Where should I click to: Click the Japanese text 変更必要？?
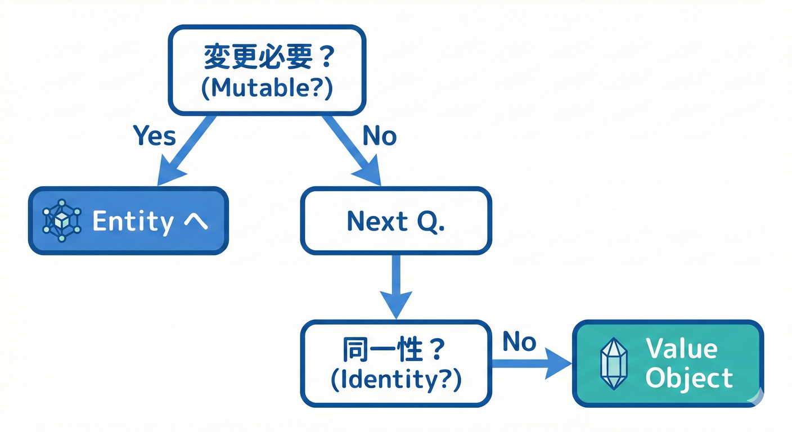(x=267, y=58)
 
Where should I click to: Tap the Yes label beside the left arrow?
(x=154, y=136)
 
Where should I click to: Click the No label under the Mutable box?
(x=379, y=136)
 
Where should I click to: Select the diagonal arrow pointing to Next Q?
(x=352, y=151)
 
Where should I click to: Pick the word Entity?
(x=133, y=222)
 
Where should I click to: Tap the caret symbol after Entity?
(x=196, y=222)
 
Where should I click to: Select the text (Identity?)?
(x=395, y=381)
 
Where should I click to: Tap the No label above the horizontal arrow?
(x=519, y=341)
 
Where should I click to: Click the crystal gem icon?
(x=614, y=363)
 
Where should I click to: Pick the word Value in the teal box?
(x=681, y=349)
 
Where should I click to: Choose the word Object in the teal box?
(x=689, y=378)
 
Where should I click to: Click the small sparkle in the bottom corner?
(x=756, y=397)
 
